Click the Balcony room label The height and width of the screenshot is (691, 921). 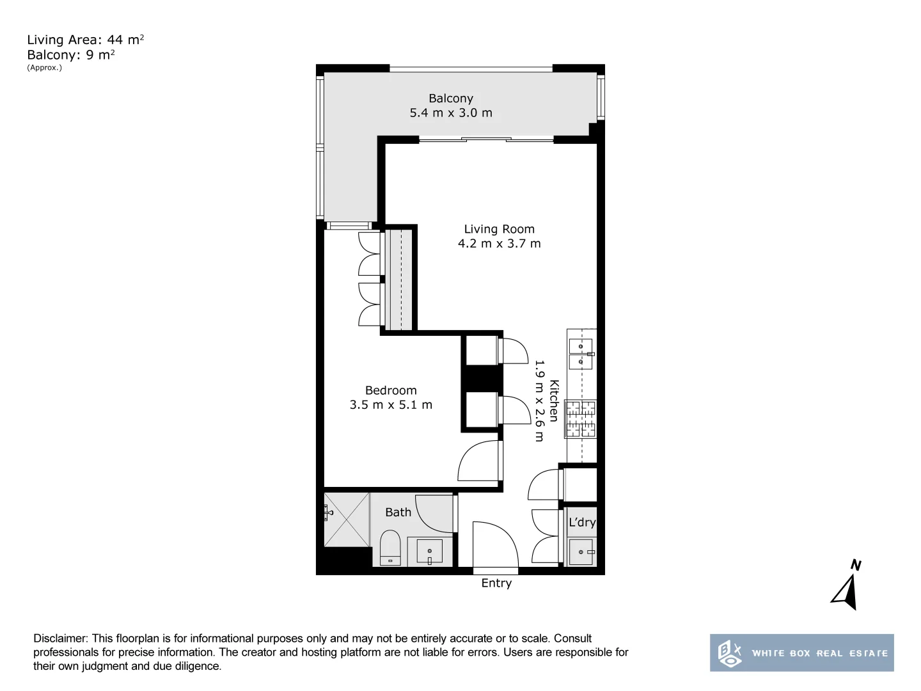tap(451, 99)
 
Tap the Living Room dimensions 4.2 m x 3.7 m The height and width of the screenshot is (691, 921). tap(499, 243)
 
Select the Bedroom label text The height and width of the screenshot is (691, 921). tap(391, 390)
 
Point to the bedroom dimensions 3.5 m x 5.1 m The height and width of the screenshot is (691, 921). tap(391, 405)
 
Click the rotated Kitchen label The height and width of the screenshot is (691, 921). tap(554, 401)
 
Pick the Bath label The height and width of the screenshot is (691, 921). tap(398, 512)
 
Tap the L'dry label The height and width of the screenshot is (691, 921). tap(582, 522)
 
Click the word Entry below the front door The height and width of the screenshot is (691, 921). tap(496, 583)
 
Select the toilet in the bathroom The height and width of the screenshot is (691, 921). tap(390, 548)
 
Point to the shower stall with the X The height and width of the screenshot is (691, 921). tap(347, 520)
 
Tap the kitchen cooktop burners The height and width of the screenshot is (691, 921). tap(580, 418)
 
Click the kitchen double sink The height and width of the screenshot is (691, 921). tap(581, 354)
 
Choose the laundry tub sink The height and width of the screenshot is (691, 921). tap(582, 552)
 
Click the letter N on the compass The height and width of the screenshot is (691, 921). tap(856, 565)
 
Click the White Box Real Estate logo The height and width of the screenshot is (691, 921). tap(802, 653)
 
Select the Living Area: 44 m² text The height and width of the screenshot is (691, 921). tap(86, 40)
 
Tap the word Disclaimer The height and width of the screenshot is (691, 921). tap(61, 639)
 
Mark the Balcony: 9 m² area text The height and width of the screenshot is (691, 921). tap(71, 55)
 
